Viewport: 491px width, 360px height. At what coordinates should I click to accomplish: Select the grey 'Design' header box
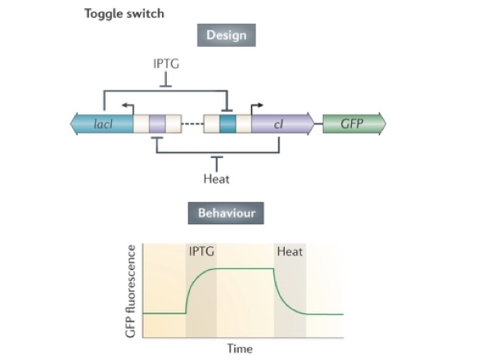(x=226, y=35)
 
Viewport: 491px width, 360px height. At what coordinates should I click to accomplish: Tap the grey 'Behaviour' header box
(x=227, y=214)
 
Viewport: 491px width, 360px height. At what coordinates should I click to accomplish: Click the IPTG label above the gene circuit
(x=166, y=62)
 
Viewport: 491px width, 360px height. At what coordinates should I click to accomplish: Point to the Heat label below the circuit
(x=216, y=178)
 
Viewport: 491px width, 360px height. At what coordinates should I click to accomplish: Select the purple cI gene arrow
(x=283, y=124)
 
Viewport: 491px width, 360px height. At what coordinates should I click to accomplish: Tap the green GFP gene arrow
(x=353, y=124)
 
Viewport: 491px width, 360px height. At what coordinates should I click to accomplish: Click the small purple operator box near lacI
(x=157, y=124)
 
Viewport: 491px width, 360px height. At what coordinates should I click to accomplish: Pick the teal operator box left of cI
(x=227, y=124)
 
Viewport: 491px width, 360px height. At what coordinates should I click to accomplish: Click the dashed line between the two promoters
(x=192, y=124)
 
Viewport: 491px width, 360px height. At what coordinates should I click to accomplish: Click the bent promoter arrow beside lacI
(x=128, y=107)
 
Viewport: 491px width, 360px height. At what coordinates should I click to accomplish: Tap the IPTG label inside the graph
(x=201, y=251)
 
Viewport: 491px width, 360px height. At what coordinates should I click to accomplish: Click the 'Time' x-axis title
(x=240, y=349)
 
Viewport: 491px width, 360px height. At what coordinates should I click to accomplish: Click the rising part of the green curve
(x=194, y=286)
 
